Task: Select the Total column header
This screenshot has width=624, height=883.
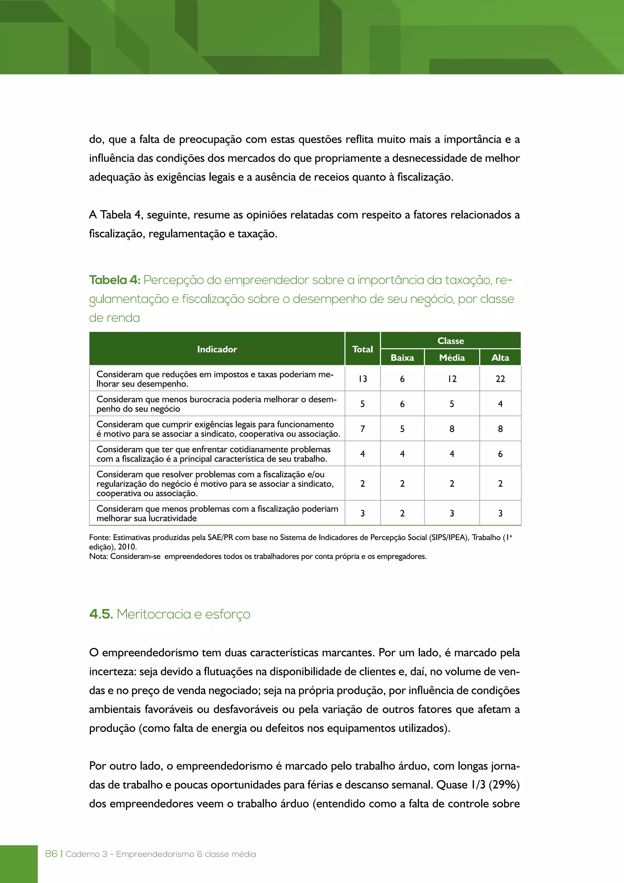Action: (x=362, y=349)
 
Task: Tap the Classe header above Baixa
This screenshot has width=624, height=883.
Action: (x=450, y=341)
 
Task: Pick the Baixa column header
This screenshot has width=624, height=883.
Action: (x=402, y=358)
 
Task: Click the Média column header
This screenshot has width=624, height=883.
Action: (x=452, y=358)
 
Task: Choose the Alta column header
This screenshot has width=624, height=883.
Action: (x=500, y=358)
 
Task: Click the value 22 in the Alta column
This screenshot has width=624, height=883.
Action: (x=500, y=379)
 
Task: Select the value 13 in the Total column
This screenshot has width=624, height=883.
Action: (x=362, y=379)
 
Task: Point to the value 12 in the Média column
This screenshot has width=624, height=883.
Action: (x=452, y=379)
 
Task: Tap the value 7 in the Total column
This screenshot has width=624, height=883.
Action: (x=362, y=429)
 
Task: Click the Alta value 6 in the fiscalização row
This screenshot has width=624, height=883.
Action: (x=500, y=454)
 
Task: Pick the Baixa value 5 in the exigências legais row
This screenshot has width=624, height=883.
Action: (x=402, y=429)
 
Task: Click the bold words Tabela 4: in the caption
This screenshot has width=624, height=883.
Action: (x=115, y=280)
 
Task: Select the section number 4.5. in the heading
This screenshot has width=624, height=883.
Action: (x=101, y=614)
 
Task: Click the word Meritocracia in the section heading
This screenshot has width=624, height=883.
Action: (x=154, y=614)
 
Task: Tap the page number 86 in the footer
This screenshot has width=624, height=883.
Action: (x=51, y=854)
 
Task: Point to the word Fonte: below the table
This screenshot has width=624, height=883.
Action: (x=100, y=538)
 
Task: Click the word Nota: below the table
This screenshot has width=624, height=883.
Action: (x=99, y=556)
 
